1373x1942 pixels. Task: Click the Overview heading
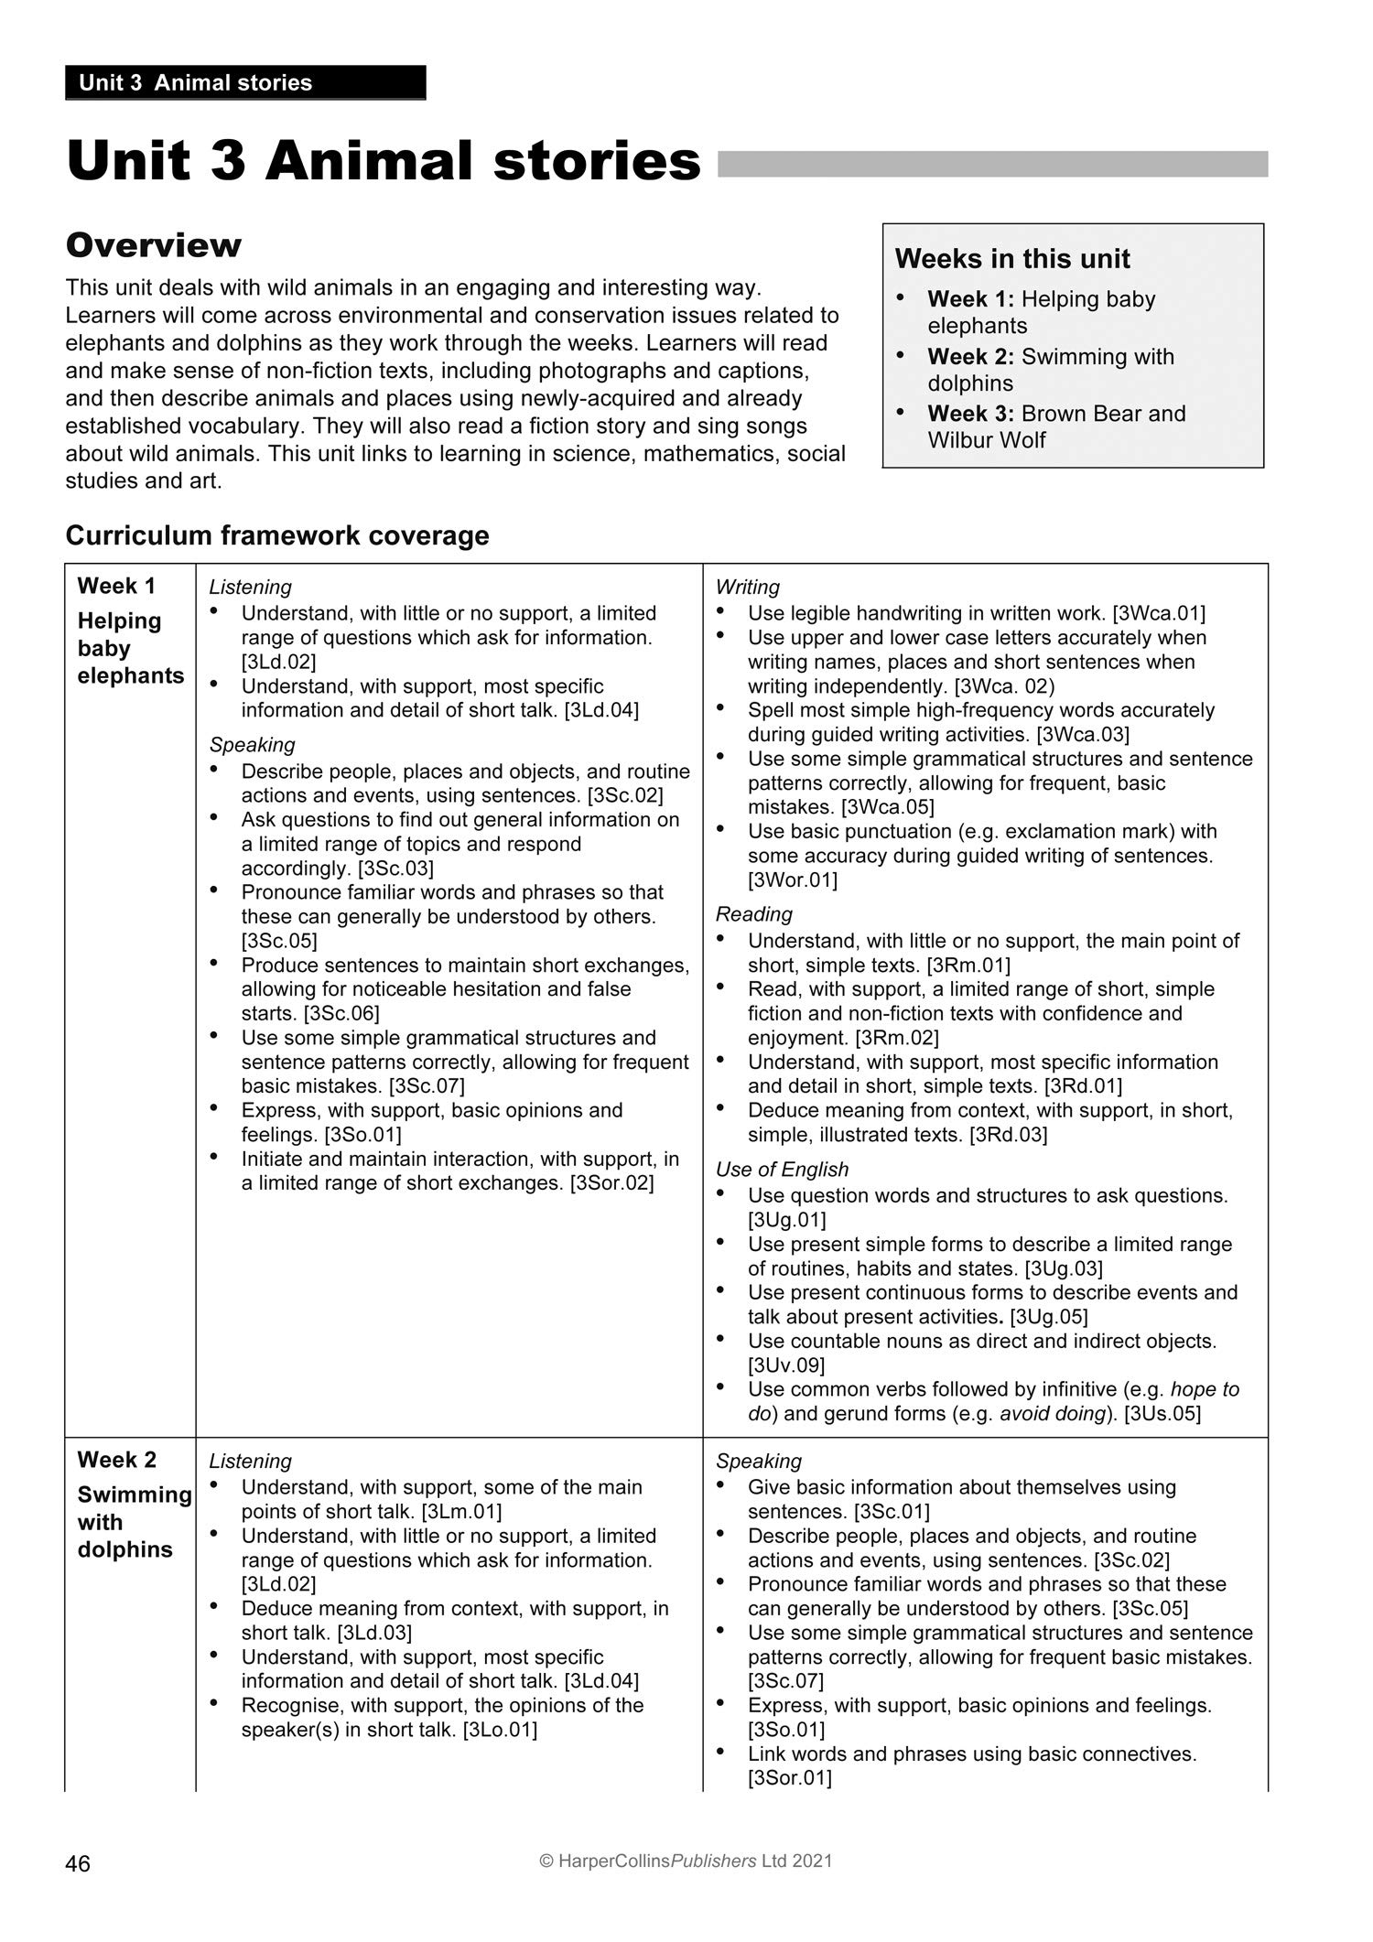154,244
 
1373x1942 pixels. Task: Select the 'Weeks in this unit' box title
1012,259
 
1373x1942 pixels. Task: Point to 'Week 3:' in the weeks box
970,414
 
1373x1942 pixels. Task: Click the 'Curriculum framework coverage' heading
277,535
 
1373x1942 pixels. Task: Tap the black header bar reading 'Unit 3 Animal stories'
245,82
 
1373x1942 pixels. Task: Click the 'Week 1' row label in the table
116,586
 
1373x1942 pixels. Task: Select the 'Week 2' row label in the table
116,1460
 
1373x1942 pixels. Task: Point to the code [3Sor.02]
611,1183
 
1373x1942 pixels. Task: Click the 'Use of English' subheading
782,1170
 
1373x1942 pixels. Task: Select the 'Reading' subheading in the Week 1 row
753,914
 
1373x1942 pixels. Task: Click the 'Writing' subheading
747,587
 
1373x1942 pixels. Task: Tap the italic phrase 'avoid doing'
1052,1413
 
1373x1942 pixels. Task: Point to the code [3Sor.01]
789,1778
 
